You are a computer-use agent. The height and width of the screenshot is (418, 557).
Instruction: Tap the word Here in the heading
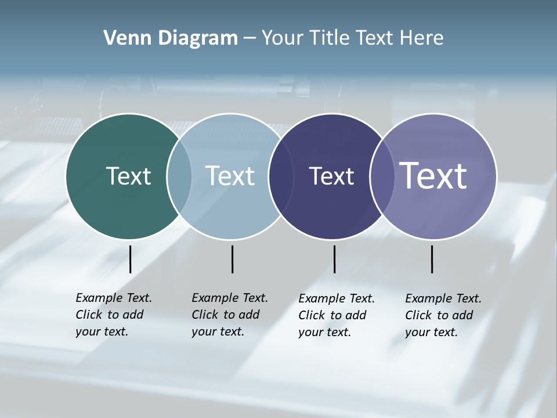tap(422, 38)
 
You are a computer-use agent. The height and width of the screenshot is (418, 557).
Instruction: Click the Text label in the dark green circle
tap(128, 176)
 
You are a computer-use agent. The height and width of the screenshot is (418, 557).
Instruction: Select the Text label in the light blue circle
tap(230, 176)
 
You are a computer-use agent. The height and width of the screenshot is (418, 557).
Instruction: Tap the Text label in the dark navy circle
tap(331, 176)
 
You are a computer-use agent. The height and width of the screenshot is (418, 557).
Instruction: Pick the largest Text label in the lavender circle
tap(433, 175)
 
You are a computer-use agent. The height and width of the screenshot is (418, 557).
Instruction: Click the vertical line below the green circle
tap(130, 259)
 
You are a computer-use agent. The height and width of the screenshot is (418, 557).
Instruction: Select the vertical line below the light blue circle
tap(232, 259)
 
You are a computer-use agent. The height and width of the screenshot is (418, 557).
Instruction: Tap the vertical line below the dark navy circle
tap(334, 259)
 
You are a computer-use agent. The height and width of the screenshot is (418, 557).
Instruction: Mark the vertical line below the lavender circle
tap(432, 259)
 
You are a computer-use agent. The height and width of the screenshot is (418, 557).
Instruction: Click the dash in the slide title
tap(249, 39)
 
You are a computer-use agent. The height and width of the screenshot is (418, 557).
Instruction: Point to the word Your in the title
tap(282, 38)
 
